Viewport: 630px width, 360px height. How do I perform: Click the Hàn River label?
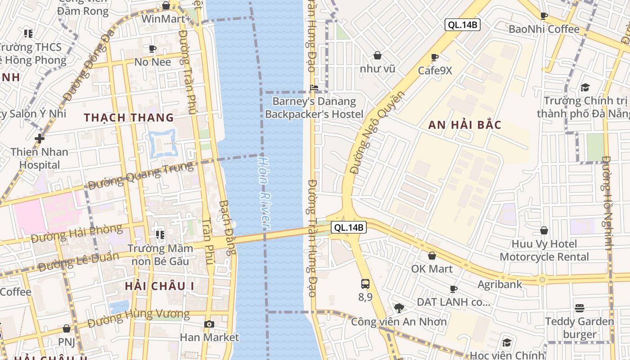(265, 191)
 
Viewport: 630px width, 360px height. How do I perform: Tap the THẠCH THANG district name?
(129, 118)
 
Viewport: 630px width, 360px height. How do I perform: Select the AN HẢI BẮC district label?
(464, 125)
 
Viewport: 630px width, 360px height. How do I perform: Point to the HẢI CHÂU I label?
(159, 286)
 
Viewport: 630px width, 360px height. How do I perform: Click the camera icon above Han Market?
(209, 324)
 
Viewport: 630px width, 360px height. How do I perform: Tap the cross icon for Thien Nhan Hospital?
(40, 138)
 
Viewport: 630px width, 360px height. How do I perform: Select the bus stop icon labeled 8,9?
(365, 284)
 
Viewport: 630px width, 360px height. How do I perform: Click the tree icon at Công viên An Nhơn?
(399, 308)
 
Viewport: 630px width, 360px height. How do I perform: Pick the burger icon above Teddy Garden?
(580, 308)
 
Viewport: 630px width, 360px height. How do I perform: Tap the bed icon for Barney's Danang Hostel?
(314, 88)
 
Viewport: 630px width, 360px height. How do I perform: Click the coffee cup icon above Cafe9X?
(434, 57)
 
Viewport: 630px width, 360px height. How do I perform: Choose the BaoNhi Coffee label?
(544, 29)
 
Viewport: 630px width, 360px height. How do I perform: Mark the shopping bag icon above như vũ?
(378, 55)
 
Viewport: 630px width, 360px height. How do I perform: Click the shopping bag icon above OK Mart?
(432, 256)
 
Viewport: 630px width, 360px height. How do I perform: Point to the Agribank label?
(500, 284)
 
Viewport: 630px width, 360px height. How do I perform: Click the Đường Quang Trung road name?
(140, 176)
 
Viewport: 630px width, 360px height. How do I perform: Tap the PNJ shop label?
(67, 342)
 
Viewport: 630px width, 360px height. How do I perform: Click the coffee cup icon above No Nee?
(153, 49)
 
